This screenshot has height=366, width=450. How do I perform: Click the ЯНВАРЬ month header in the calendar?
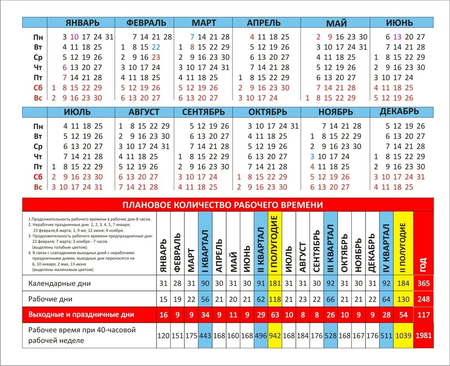[x=82, y=23]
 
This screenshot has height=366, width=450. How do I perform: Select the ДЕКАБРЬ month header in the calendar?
[x=399, y=111]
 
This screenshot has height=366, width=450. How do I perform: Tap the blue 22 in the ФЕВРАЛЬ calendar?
[x=156, y=47]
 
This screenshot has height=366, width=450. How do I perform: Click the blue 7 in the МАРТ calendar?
[x=192, y=37]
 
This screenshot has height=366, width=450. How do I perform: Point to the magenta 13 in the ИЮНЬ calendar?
[x=398, y=37]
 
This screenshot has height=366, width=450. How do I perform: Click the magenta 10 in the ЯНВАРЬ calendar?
[x=74, y=37]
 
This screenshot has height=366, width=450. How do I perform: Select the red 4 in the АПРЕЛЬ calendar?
[x=252, y=37]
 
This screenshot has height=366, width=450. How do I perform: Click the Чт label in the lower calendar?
[x=38, y=157]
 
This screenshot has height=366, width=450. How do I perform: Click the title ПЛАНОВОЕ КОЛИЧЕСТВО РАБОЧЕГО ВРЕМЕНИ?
[x=223, y=205]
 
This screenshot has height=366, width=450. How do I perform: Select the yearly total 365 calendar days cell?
[x=423, y=283]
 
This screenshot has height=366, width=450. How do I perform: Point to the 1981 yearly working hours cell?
[x=423, y=335]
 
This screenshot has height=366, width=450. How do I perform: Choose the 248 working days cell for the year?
[x=423, y=299]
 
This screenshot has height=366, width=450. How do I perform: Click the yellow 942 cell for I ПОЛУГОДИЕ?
[x=275, y=335]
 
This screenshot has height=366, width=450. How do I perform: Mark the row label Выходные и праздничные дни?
[x=81, y=314]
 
